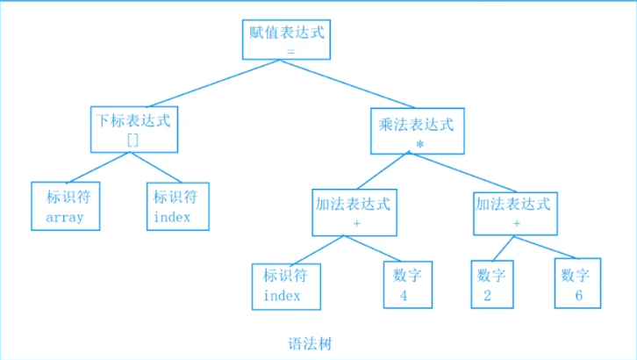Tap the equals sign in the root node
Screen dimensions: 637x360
[x=290, y=52]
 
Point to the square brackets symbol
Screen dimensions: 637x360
[x=132, y=140]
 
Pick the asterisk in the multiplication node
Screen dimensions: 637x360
[x=420, y=144]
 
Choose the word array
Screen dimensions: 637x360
[x=65, y=218]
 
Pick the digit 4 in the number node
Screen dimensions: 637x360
[x=404, y=295]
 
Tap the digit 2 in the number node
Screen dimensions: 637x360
[x=488, y=295]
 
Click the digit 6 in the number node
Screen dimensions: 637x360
[x=579, y=295]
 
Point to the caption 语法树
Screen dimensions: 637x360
[x=310, y=343]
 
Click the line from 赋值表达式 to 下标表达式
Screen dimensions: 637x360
[x=214, y=83]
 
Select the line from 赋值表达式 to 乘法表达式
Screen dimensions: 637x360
[x=347, y=83]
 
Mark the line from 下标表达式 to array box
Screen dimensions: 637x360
[x=99, y=168]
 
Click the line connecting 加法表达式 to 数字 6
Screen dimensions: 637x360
[x=545, y=247]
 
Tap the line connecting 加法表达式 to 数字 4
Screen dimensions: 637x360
[x=372, y=248]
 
